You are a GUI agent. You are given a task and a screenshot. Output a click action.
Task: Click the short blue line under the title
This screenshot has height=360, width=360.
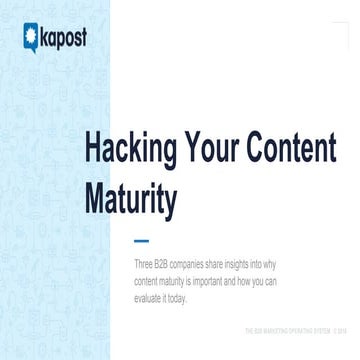(x=142, y=241)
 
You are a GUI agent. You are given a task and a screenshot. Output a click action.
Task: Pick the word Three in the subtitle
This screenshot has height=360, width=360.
(x=145, y=265)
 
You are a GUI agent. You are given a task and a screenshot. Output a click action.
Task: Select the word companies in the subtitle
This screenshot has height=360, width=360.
(x=205, y=265)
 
